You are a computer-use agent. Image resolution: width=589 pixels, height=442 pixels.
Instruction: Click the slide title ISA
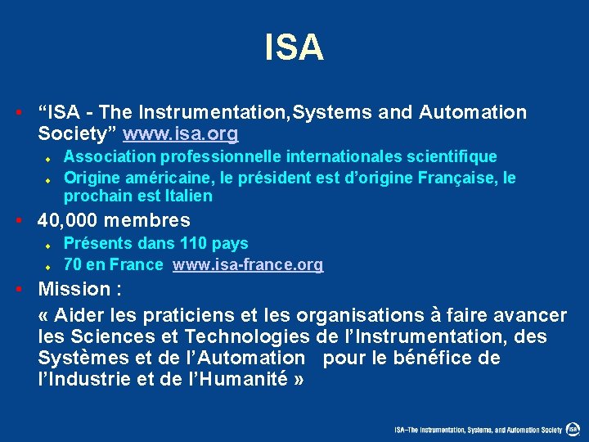click(294, 47)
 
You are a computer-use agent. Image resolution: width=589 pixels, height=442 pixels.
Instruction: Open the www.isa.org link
click(181, 133)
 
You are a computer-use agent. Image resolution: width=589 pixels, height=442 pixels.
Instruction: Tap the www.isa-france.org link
click(248, 264)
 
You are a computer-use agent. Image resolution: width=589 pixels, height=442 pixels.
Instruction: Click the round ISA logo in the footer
click(574, 429)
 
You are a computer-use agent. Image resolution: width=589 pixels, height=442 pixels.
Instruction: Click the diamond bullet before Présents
click(48, 245)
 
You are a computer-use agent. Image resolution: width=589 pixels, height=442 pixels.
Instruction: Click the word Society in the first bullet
click(77, 133)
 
